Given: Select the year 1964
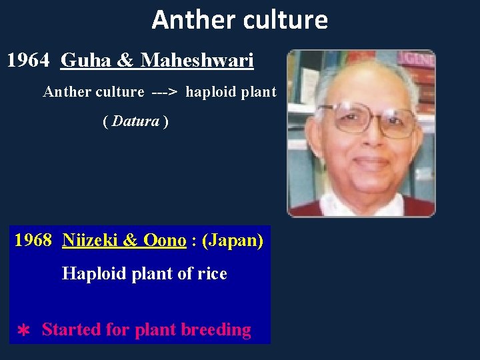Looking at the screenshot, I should point(28,61).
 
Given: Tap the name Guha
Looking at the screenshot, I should point(87,61).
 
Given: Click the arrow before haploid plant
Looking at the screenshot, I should point(164,92).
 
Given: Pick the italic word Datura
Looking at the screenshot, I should point(136,121).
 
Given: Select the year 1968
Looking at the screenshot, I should point(33,240).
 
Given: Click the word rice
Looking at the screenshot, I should point(211,273).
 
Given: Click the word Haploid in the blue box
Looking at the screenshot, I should point(93,273).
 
